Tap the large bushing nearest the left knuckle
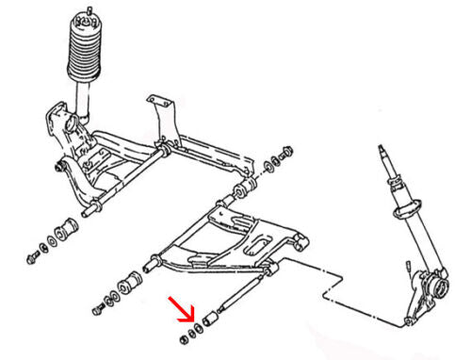point(67,229)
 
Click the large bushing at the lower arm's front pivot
point(130,282)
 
